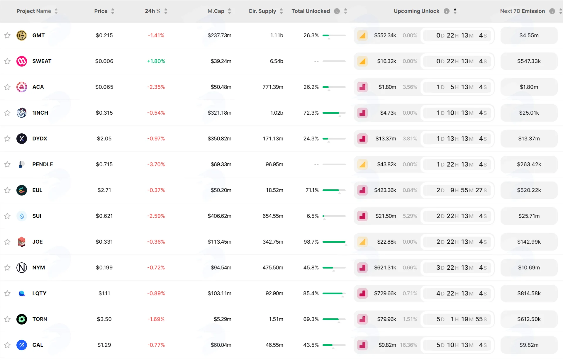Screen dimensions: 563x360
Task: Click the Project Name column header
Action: point(34,11)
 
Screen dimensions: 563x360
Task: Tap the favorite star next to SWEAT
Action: point(7,61)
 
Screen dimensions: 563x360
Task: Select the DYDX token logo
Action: point(22,139)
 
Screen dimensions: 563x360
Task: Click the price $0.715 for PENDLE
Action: point(104,164)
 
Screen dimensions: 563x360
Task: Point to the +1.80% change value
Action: point(156,61)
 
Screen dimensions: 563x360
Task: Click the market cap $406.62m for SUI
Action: point(219,216)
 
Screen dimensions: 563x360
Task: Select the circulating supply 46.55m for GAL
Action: point(274,345)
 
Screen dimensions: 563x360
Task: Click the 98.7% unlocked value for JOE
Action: point(311,242)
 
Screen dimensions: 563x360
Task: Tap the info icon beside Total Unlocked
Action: point(337,11)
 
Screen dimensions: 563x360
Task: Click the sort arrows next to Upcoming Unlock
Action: point(455,11)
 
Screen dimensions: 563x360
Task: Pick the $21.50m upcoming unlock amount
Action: point(386,216)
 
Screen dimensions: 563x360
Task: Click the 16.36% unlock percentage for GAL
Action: point(408,345)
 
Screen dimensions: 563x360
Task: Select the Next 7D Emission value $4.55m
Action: point(529,35)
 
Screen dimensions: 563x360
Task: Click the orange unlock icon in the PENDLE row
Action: point(362,164)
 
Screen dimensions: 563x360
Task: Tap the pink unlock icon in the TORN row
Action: point(362,319)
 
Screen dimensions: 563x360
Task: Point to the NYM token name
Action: point(39,268)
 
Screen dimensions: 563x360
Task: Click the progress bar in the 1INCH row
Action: point(334,113)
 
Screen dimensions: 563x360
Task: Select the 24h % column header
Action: point(152,11)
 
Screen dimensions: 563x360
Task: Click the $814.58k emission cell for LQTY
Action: point(529,293)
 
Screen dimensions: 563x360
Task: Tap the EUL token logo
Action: point(22,190)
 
